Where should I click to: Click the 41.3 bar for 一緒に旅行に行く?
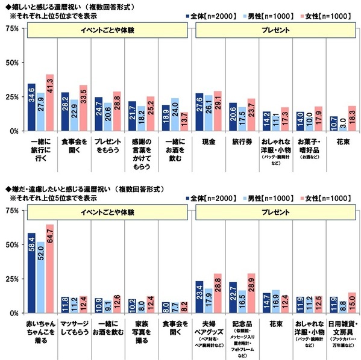(x=49, y=102)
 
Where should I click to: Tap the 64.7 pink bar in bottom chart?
(x=49, y=268)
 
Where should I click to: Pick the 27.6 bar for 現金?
(x=199, y=112)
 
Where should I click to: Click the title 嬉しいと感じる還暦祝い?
(x=51, y=5)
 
